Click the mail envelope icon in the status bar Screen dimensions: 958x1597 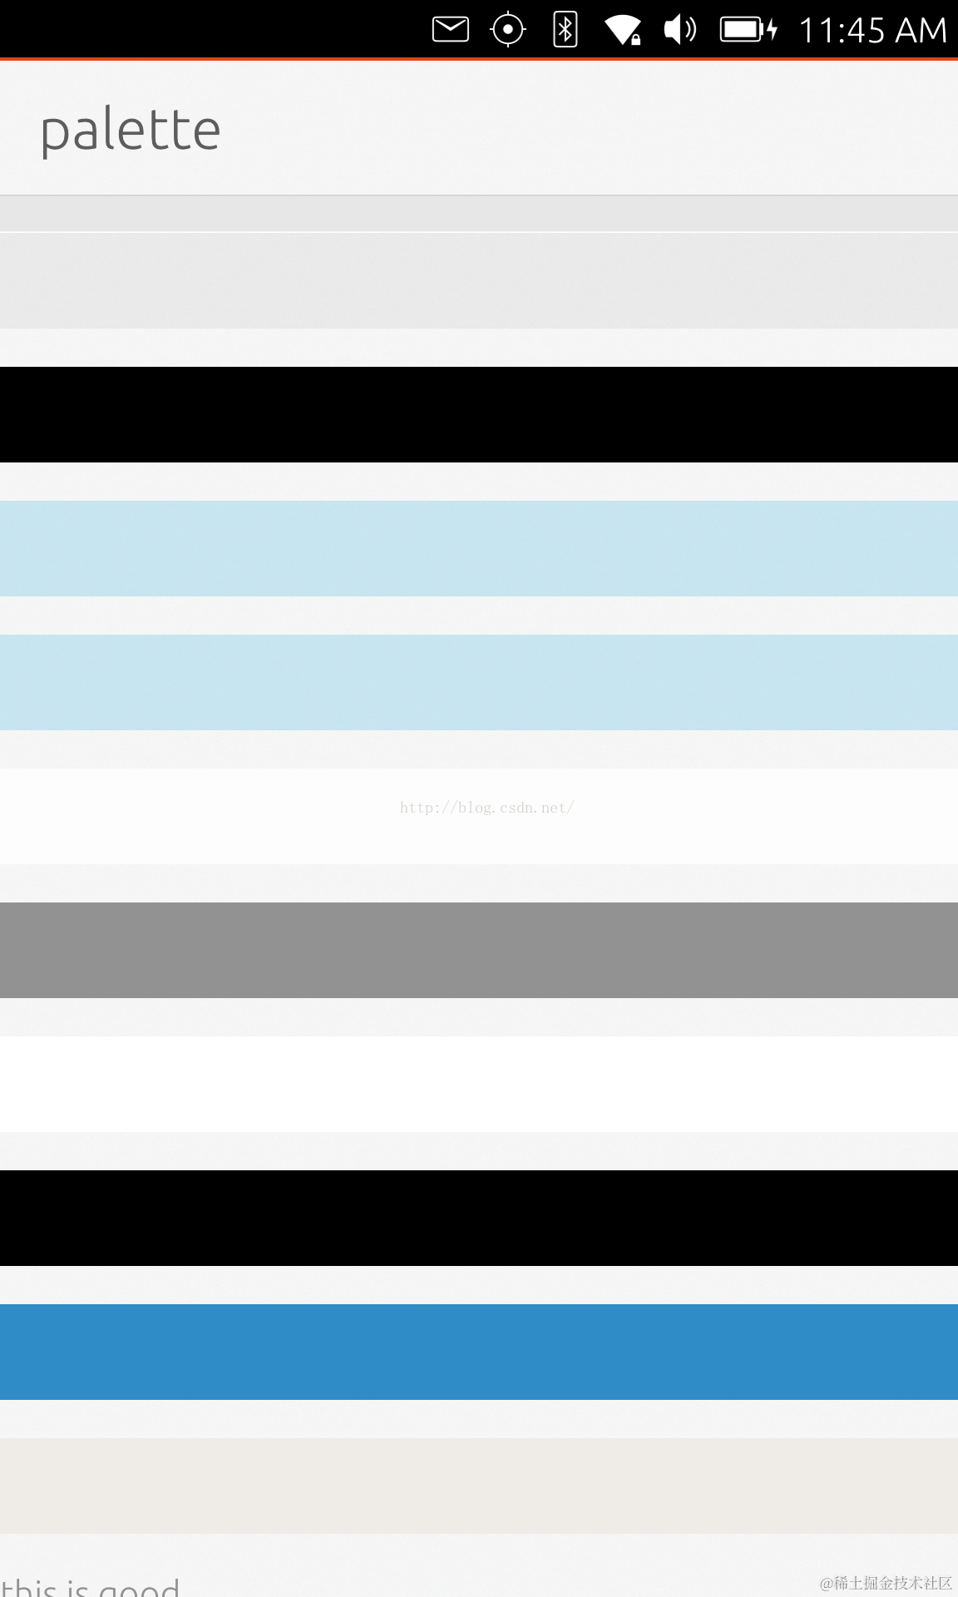451,30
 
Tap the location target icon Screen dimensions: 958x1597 508,30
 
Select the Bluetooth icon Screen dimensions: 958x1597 565,30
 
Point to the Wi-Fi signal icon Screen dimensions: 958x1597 622,30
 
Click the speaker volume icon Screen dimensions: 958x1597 679,30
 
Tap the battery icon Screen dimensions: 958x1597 748,30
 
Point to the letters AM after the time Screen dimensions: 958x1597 921,31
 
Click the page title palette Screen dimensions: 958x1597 131,131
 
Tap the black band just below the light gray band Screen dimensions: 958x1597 479,414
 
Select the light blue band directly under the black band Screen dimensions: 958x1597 479,548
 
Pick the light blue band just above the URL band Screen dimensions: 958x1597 479,682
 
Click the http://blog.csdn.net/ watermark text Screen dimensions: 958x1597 486,808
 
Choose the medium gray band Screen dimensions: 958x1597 479,950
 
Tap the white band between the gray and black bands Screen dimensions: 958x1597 479,1084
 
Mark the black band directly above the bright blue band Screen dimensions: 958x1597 479,1218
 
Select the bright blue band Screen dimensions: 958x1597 479,1352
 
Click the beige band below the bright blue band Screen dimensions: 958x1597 479,1486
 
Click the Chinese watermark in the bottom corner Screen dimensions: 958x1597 886,1583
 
